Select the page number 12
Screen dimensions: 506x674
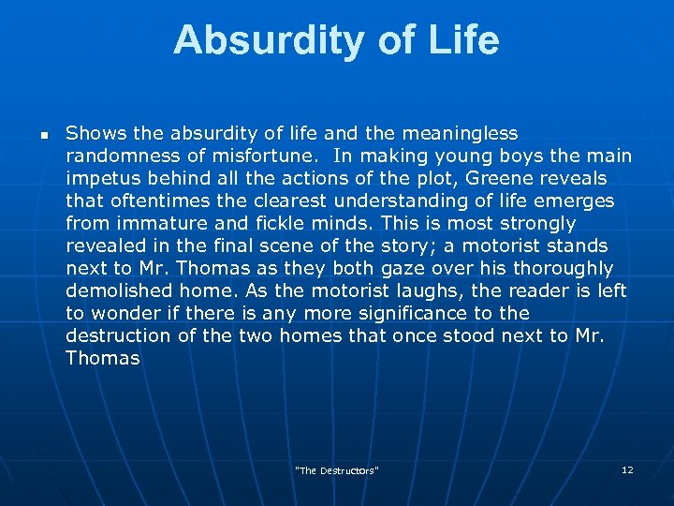coord(627,469)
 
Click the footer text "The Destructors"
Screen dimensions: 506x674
coord(337,470)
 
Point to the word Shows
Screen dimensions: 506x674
coord(91,133)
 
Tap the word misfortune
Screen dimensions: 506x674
coord(236,156)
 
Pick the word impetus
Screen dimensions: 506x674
coord(99,178)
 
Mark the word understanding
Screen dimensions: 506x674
coord(415,201)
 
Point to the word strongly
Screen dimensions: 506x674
coord(538,223)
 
